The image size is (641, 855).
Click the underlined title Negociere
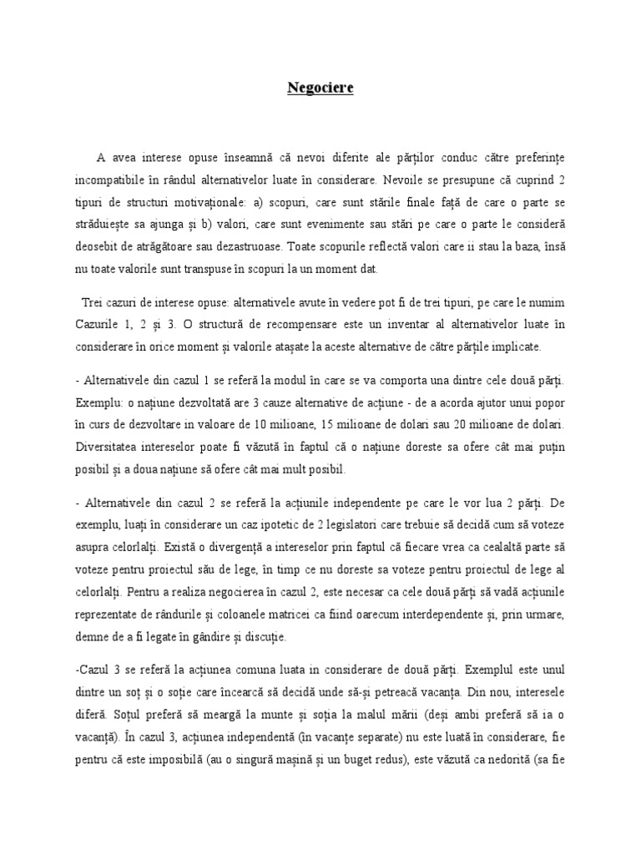pos(320,89)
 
